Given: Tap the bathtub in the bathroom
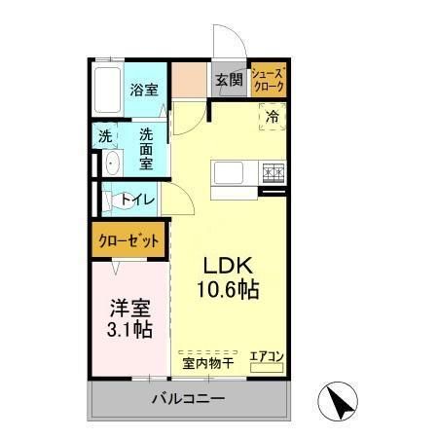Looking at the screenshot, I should [109, 89].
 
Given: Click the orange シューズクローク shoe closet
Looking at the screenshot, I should [268, 80].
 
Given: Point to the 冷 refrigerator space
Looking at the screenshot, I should [273, 117].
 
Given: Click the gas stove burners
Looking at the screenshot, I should [273, 173].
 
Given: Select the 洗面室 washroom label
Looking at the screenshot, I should [146, 147].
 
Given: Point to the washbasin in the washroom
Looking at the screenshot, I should [110, 163].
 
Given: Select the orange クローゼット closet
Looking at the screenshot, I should [128, 240].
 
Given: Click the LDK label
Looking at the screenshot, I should [228, 266].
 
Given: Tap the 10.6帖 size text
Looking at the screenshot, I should [230, 290].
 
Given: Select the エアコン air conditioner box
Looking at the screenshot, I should [266, 356].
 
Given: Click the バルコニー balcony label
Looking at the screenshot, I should [188, 399].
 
